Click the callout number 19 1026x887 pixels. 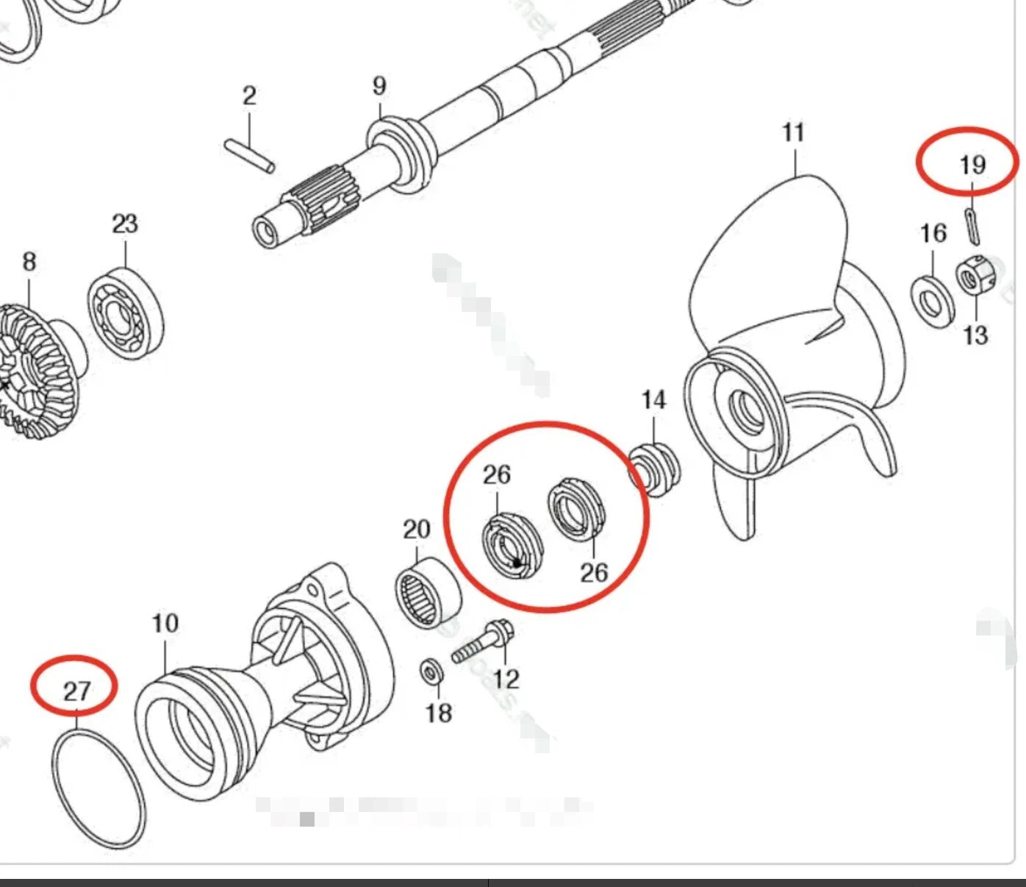pos(972,164)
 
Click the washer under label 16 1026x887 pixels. pos(933,301)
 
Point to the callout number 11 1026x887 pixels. pos(793,133)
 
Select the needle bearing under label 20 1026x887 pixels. pos(427,591)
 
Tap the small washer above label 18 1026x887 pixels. pos(431,671)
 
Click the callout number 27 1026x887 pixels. pos(76,691)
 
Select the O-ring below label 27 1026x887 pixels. pos(98,788)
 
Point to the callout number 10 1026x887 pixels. pos(165,624)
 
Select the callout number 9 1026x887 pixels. pos(379,86)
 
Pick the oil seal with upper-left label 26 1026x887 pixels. pos(512,549)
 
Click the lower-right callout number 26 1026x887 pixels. pos(594,571)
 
